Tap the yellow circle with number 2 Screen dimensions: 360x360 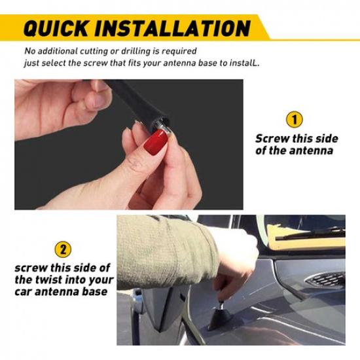[63, 249]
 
